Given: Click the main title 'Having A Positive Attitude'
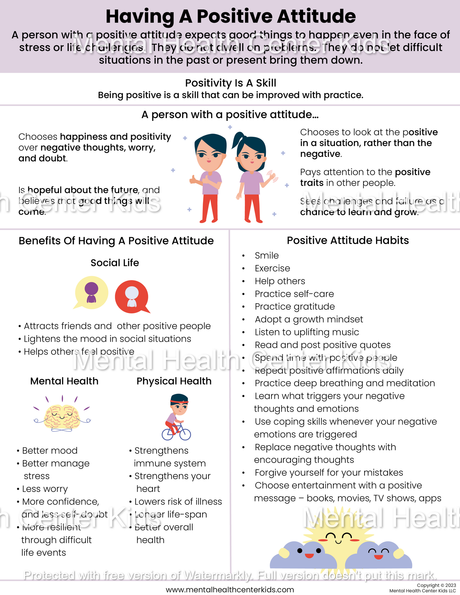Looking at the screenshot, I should click(230, 17).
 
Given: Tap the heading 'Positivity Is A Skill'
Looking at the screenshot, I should click(230, 83).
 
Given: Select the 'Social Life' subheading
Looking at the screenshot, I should click(115, 263).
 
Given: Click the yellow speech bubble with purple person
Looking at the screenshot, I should click(91, 292).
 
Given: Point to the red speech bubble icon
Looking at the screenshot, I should click(132, 297).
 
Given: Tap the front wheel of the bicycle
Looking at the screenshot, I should click(185, 434).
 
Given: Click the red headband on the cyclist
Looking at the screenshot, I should click(179, 402).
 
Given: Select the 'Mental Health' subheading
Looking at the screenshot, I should click(64, 381).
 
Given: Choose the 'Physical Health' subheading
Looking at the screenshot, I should click(174, 381).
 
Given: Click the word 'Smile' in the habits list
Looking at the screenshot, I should click(267, 255).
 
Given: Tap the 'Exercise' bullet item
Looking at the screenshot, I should click(272, 268).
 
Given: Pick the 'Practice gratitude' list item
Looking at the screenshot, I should click(295, 306).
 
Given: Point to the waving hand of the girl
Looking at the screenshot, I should click(272, 177).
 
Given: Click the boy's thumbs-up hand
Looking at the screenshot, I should click(193, 180).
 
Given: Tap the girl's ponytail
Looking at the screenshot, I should click(237, 140).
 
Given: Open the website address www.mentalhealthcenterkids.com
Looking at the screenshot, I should click(230, 590).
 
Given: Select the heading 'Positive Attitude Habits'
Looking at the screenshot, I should click(348, 241).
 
